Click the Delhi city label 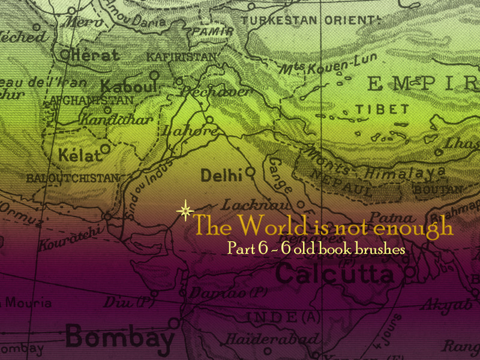pos(221,175)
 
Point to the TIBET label pos(382,110)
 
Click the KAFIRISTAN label pos(181,57)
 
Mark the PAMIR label pos(211,31)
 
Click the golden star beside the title pos(185,211)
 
